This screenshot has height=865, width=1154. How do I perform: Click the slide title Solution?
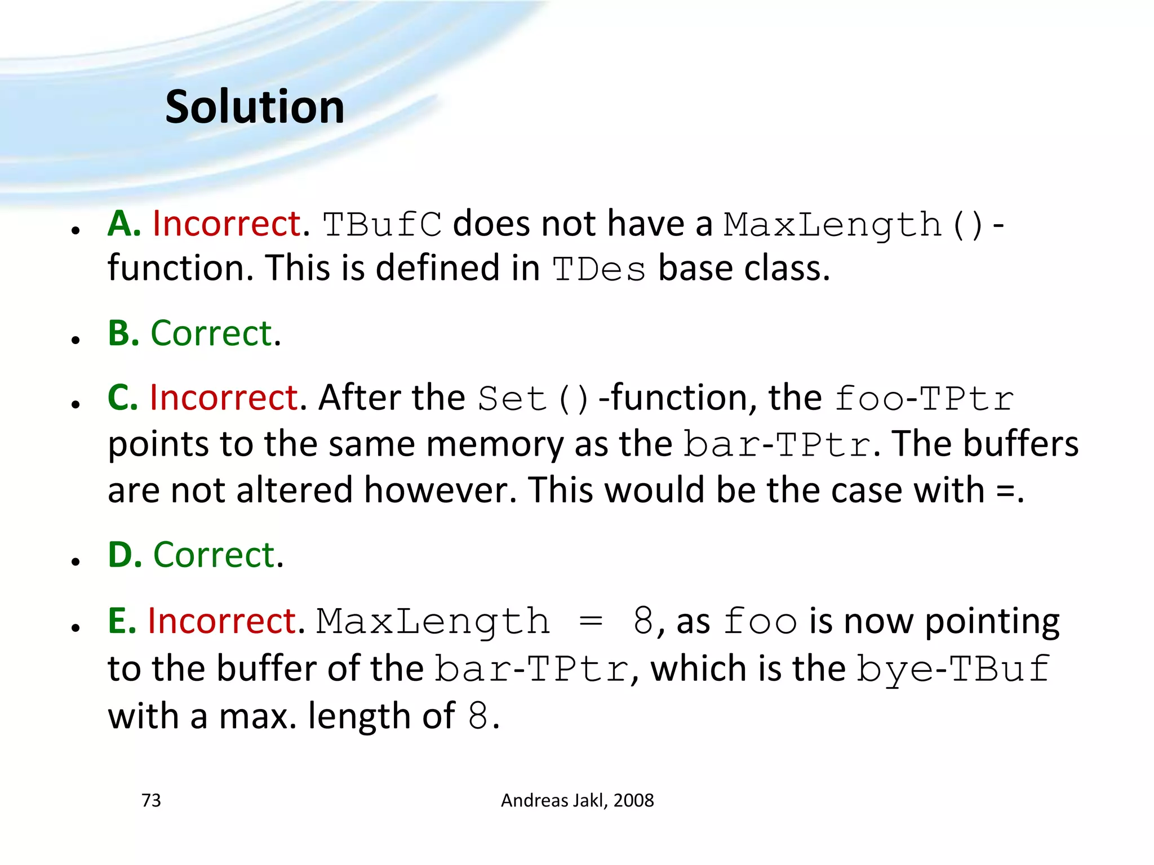coord(255,107)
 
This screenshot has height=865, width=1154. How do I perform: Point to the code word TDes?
coord(598,269)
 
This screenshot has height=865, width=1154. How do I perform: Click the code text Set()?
coord(533,399)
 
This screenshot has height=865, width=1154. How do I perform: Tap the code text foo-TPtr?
coord(924,399)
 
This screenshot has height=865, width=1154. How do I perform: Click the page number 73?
coord(151,800)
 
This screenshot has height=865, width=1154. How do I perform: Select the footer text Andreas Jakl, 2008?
coord(577,800)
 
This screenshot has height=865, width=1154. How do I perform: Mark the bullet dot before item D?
coord(76,561)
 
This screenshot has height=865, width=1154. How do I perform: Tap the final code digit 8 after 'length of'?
coord(478,716)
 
